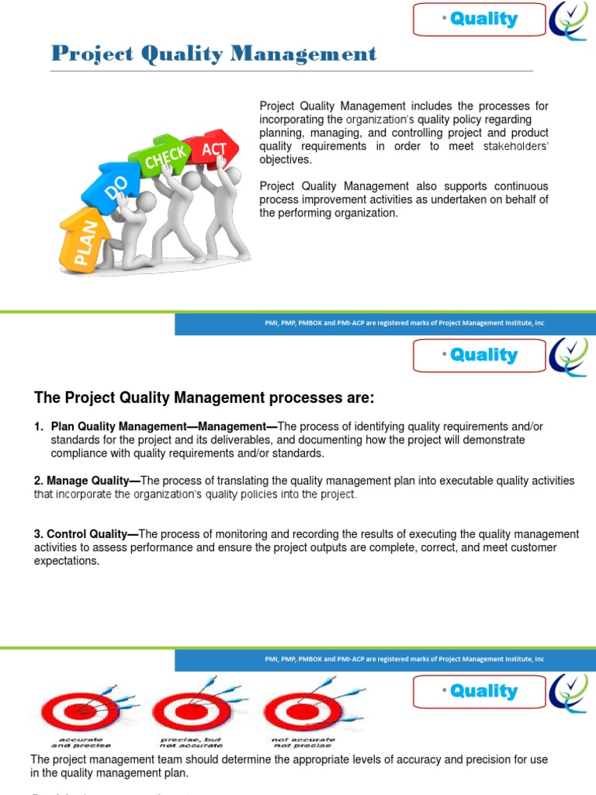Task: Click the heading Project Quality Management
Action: pos(214,54)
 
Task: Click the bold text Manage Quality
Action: pos(89,481)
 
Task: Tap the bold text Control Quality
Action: pos(89,534)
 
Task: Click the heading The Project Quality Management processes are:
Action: pos(204,398)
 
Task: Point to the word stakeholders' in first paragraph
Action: pos(515,146)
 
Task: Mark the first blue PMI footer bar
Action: pos(385,323)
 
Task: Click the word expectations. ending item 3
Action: pos(67,561)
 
